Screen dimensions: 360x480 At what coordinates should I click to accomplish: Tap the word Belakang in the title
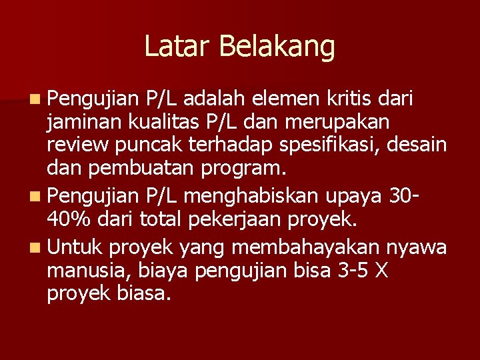coord(276,47)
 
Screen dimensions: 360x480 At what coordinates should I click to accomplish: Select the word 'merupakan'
coord(337,123)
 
